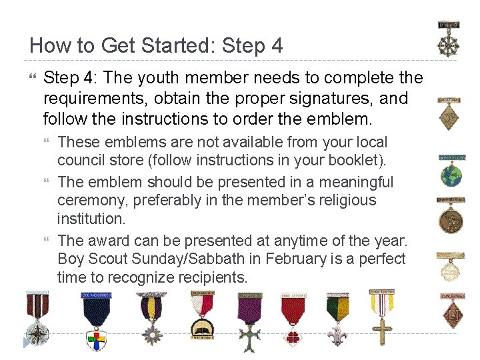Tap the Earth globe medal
click(x=450, y=173)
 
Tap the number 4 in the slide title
click(x=277, y=46)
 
